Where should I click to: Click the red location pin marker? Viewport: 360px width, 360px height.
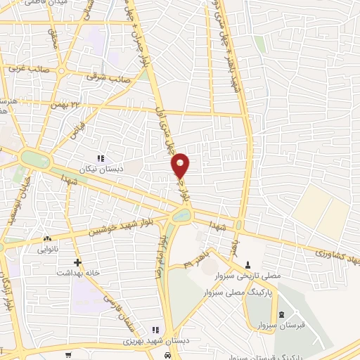point(181,165)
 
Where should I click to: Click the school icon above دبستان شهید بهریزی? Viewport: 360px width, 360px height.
point(155,329)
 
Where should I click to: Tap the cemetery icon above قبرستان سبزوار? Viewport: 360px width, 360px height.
point(281,314)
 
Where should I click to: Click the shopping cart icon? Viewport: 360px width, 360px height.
point(68,355)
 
